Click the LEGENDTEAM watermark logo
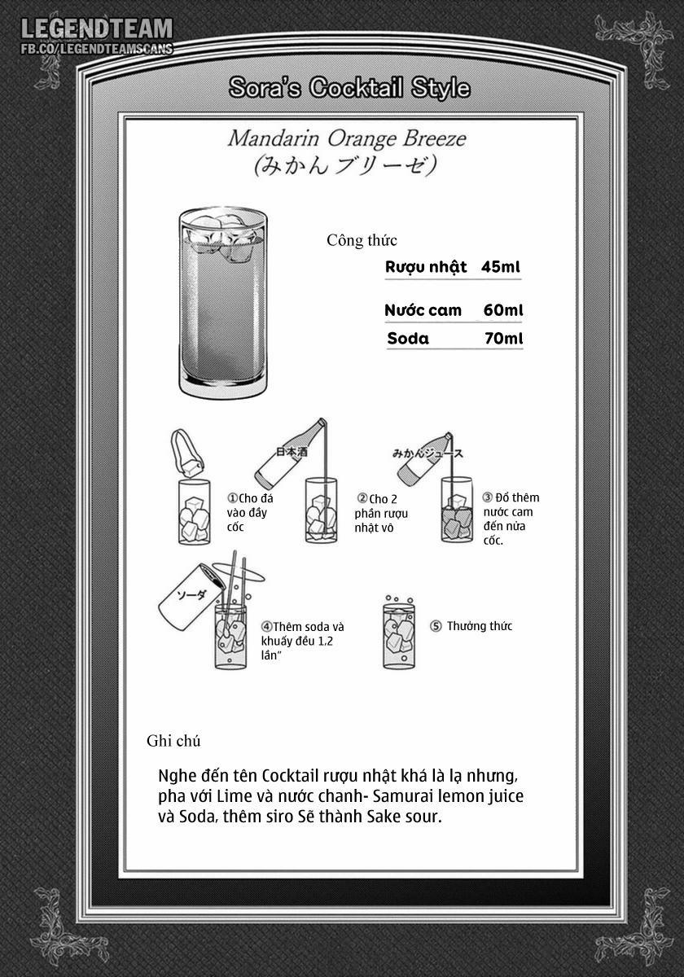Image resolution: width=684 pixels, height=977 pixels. [x=97, y=29]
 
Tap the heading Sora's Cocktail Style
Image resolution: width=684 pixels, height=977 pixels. [x=349, y=88]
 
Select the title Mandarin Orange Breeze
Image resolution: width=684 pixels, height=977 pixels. [x=347, y=138]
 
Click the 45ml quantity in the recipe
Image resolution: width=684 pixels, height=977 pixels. [x=501, y=266]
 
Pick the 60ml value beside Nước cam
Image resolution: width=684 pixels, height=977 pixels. [x=503, y=310]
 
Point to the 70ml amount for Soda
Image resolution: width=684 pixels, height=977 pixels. [x=504, y=339]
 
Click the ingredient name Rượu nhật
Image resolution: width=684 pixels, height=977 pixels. [x=426, y=267]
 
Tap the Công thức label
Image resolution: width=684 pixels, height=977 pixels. [x=362, y=240]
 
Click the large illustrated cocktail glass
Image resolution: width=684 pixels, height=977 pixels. [x=222, y=303]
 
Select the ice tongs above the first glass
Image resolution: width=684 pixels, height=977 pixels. [x=186, y=453]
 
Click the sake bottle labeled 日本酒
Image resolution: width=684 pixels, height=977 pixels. [x=291, y=453]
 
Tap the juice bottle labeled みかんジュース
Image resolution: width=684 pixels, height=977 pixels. [x=425, y=459]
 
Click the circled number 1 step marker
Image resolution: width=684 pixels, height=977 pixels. [x=232, y=498]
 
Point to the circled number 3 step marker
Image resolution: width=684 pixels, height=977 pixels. [x=487, y=497]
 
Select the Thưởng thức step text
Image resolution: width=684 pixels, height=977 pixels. [x=480, y=626]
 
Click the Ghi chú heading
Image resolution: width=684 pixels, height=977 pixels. [x=173, y=741]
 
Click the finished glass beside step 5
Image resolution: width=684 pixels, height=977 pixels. [x=399, y=633]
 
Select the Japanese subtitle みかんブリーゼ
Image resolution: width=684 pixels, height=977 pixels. [x=345, y=165]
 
